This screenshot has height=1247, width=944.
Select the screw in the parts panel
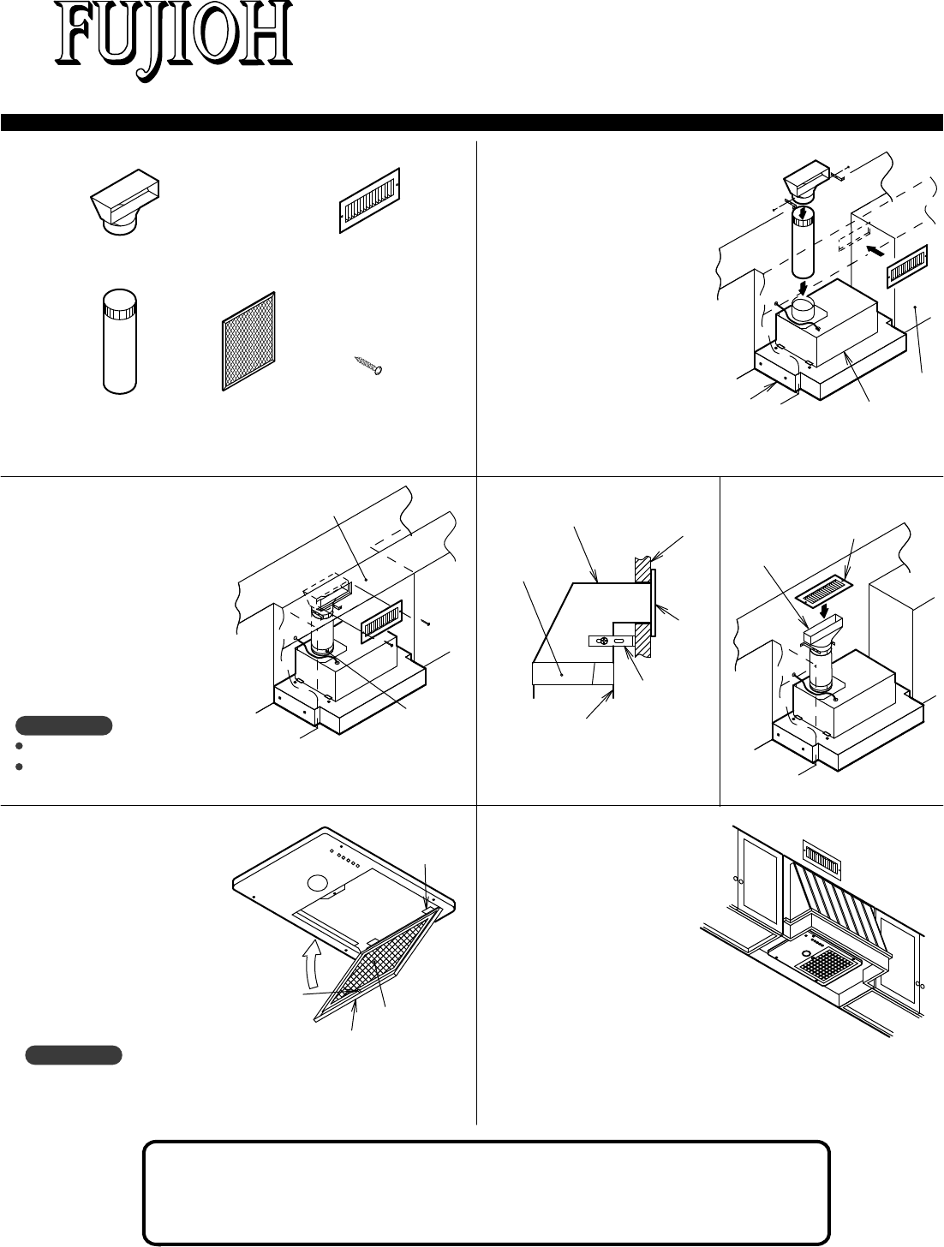point(370,366)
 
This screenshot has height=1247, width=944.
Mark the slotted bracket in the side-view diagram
point(611,641)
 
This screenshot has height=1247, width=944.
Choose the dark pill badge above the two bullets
point(64,726)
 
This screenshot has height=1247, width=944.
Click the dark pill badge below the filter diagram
point(74,1054)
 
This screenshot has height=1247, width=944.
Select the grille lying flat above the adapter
point(826,589)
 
